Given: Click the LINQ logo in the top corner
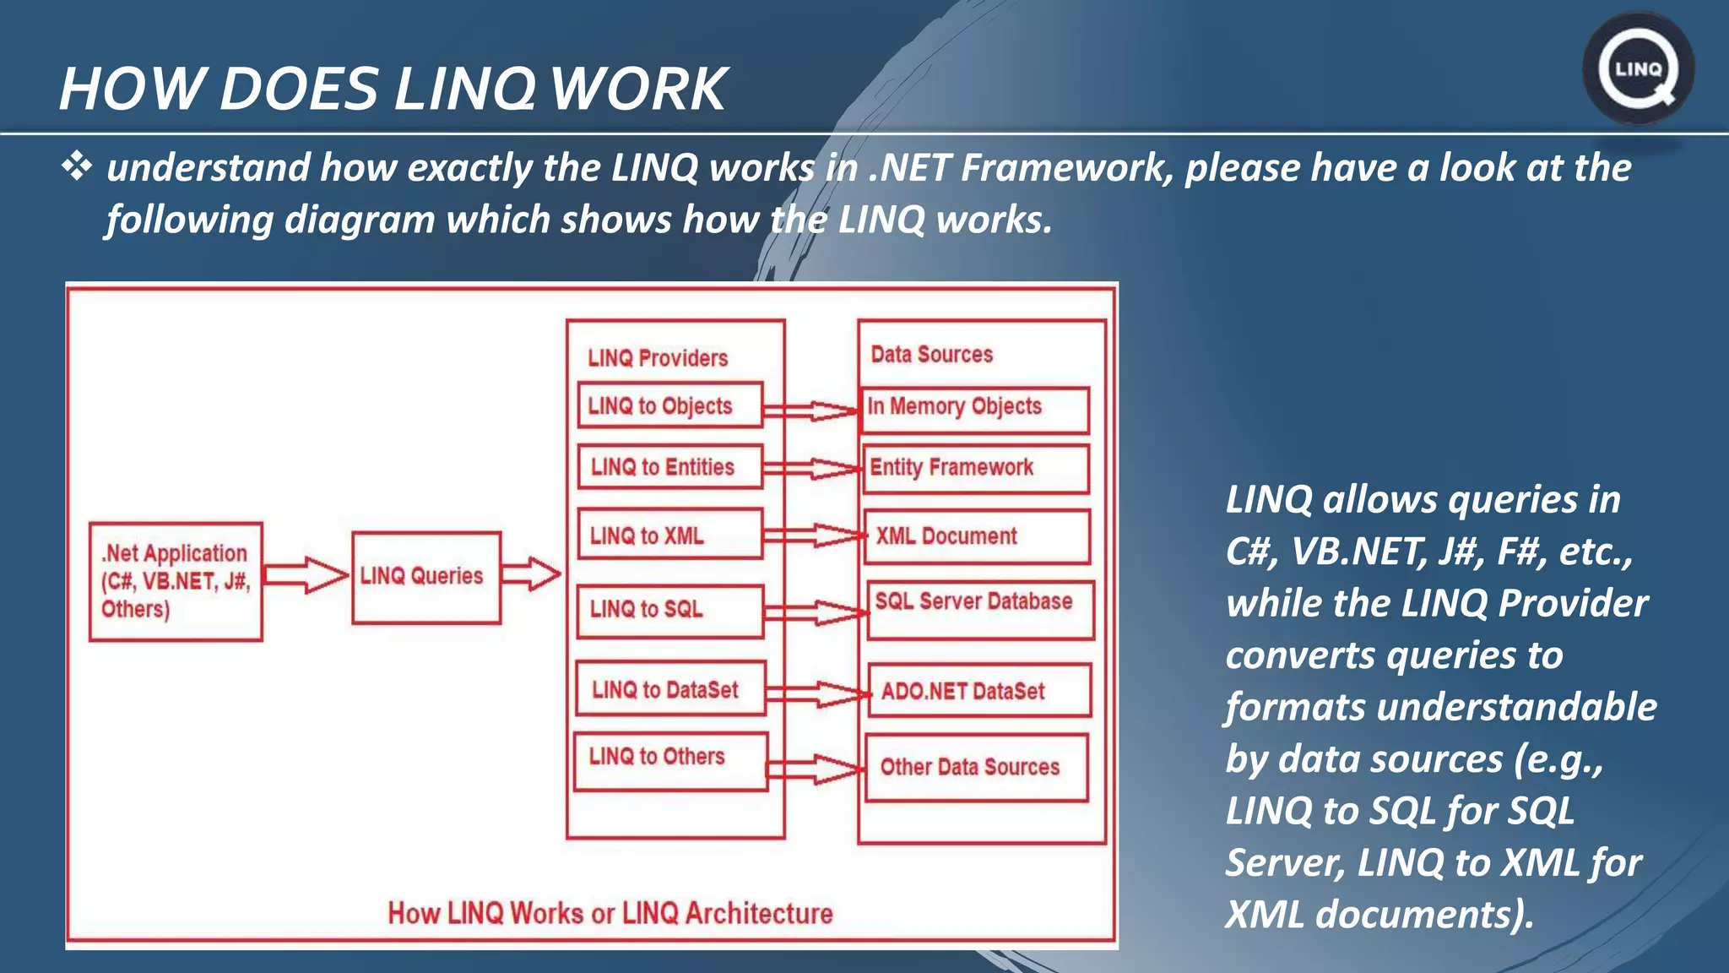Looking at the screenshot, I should tap(1638, 69).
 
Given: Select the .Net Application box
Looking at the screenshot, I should tap(176, 581).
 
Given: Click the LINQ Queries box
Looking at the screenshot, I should tap(425, 578).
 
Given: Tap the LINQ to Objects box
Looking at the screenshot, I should tap(669, 405).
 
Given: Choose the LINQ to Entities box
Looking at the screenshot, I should tap(669, 467).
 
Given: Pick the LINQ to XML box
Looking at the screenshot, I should tap(669, 534).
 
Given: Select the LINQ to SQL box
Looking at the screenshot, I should tap(669, 610).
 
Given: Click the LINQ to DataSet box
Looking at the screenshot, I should tap(669, 689).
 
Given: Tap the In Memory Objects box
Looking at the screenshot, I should tap(975, 410).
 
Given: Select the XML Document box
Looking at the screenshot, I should tap(977, 536).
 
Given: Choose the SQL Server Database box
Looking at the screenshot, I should tap(980, 608).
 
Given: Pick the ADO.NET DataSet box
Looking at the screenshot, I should tap(979, 691).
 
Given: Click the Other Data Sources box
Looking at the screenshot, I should tap(977, 767).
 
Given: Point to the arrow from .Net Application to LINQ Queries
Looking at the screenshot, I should tap(306, 575).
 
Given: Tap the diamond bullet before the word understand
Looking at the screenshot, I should tap(77, 166).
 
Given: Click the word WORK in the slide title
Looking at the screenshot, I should tap(638, 89).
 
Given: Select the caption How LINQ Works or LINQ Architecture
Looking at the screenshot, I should tap(610, 913).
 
